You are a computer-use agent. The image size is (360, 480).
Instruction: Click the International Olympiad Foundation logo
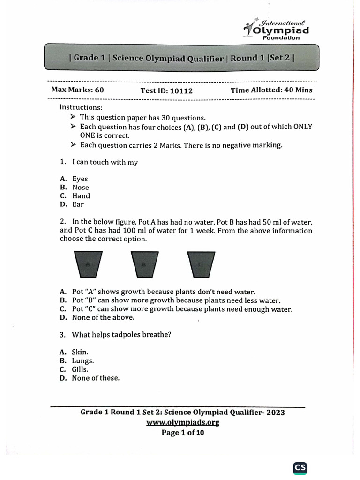pyautogui.click(x=277, y=29)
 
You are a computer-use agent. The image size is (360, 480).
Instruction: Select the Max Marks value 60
pyautogui.click(x=99, y=90)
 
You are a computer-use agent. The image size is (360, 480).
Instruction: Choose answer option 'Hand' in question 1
pyautogui.click(x=81, y=196)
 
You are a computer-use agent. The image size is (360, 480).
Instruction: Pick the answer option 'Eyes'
pyautogui.click(x=80, y=179)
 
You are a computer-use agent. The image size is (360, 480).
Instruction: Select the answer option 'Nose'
pyautogui.click(x=80, y=187)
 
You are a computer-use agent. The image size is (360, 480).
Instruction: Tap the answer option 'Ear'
pyautogui.click(x=78, y=204)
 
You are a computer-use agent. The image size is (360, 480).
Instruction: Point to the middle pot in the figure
pyautogui.click(x=143, y=265)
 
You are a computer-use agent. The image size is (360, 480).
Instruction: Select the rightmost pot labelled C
pyautogui.click(x=201, y=265)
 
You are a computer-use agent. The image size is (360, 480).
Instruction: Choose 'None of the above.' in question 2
pyautogui.click(x=103, y=318)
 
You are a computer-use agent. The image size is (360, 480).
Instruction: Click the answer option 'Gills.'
pyautogui.click(x=80, y=369)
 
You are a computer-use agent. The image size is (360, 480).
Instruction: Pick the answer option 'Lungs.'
pyautogui.click(x=82, y=361)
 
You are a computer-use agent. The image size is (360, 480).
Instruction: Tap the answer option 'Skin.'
pyautogui.click(x=80, y=352)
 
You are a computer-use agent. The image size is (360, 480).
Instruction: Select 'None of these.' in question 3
pyautogui.click(x=96, y=378)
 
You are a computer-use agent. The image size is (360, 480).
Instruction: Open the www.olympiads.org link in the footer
pyautogui.click(x=182, y=422)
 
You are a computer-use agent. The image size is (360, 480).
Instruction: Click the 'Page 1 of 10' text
pyautogui.click(x=182, y=433)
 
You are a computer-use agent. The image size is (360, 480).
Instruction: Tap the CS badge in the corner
pyautogui.click(x=300, y=468)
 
